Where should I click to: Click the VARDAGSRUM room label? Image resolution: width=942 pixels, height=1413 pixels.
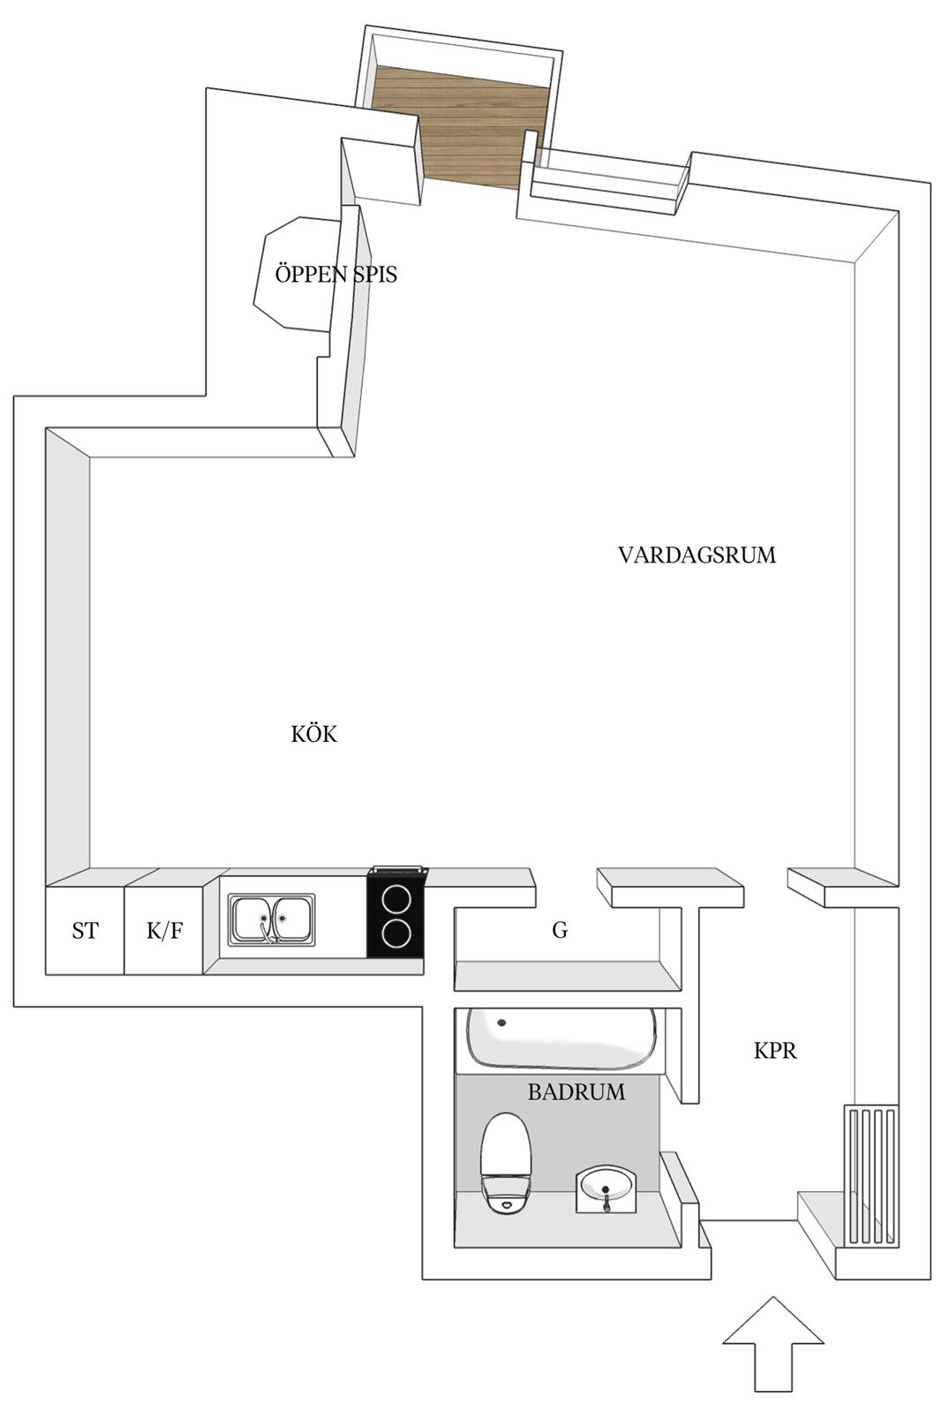click(x=697, y=555)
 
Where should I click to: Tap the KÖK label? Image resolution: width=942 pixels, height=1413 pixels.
click(x=314, y=734)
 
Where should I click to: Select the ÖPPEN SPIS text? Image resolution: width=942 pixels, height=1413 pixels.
click(x=336, y=275)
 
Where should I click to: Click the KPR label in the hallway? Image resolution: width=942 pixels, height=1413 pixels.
click(x=775, y=1051)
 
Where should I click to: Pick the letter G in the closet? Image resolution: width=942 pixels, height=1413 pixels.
click(x=559, y=930)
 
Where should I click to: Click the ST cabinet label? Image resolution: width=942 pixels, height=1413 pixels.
click(x=85, y=931)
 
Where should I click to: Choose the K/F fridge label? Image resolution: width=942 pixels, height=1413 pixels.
click(x=164, y=931)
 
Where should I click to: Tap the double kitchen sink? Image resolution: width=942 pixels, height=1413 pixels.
click(x=272, y=918)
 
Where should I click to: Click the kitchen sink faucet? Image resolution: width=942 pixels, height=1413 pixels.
click(x=268, y=931)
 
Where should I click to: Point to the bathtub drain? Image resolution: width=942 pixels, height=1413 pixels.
click(x=501, y=1023)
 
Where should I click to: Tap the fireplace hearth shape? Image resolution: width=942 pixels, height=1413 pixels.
click(x=297, y=273)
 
